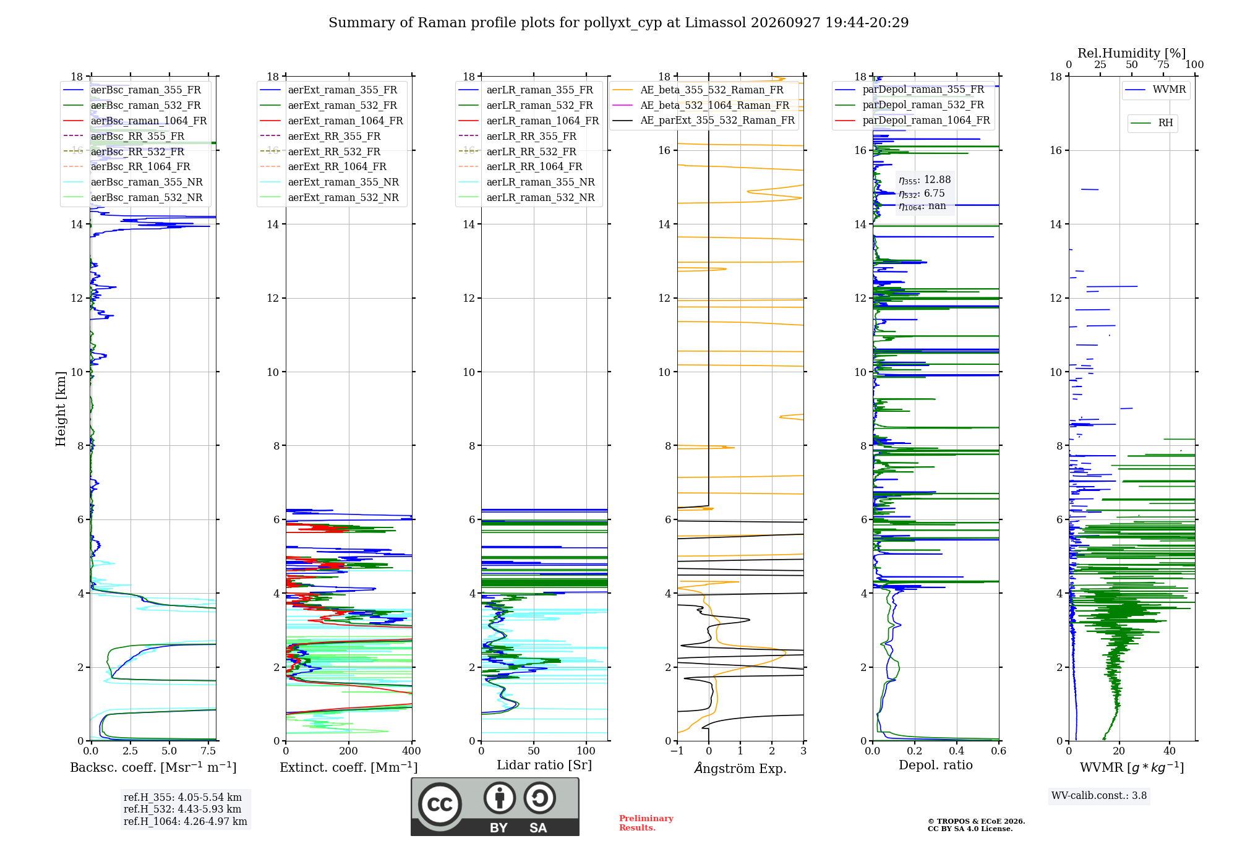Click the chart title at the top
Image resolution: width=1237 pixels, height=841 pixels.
[618, 23]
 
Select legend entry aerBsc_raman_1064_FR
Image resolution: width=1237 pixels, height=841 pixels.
[148, 121]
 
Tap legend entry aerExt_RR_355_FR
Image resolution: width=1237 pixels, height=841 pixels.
[334, 136]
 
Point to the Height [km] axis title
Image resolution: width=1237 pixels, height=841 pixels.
[61, 409]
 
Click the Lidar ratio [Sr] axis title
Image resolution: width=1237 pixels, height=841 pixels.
[544, 765]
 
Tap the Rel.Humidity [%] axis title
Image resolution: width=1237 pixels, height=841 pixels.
[1132, 53]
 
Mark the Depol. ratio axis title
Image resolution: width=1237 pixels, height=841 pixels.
[936, 765]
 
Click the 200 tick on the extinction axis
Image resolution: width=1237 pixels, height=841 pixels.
[348, 751]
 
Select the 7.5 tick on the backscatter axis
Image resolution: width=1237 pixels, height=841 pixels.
[208, 751]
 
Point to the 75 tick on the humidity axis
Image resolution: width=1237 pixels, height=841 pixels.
[1163, 64]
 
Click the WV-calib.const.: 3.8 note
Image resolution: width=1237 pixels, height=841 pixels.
[1099, 796]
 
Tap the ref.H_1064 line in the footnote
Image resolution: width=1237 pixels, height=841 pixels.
[185, 821]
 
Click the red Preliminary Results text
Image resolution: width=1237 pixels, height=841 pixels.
[646, 823]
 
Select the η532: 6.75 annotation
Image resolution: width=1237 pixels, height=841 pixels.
[922, 194]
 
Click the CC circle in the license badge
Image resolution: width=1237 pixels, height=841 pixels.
[440, 805]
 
